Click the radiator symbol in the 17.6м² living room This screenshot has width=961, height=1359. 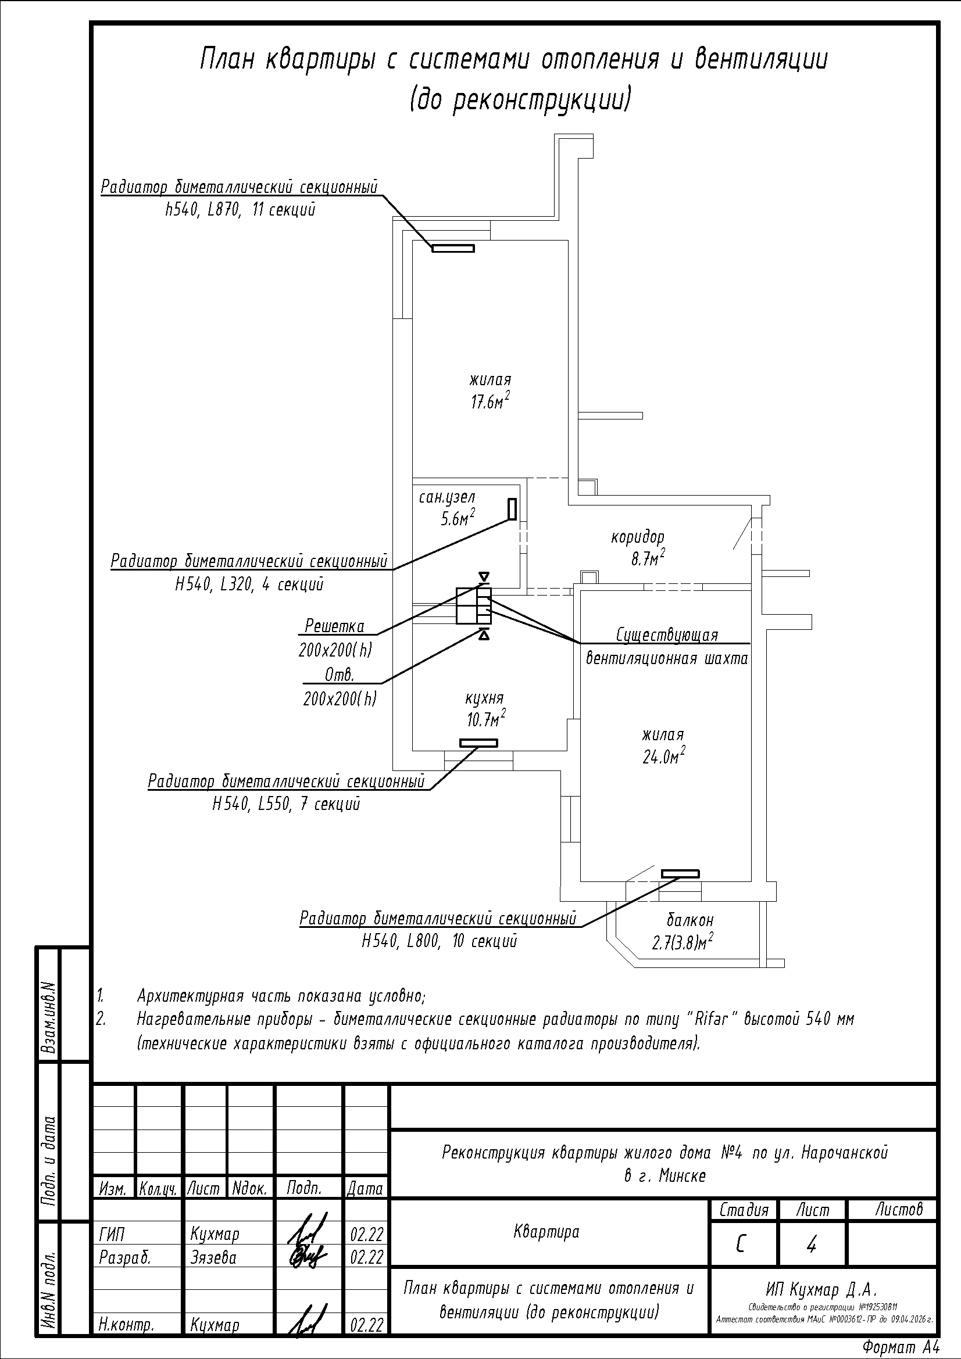tap(453, 249)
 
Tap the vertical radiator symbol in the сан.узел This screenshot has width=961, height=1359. tap(512, 509)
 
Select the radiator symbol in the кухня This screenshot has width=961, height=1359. tap(478, 743)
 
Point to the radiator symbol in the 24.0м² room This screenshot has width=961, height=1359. tap(680, 874)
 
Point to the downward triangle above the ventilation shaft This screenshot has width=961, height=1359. tap(484, 576)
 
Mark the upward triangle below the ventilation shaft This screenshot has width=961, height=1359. tap(484, 636)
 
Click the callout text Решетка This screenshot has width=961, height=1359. tap(334, 626)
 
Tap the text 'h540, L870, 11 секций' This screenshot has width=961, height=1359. tap(241, 210)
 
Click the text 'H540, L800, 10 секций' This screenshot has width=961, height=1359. tap(440, 941)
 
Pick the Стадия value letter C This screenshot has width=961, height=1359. tap(741, 1246)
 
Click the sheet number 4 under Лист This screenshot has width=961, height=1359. tap(812, 1246)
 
